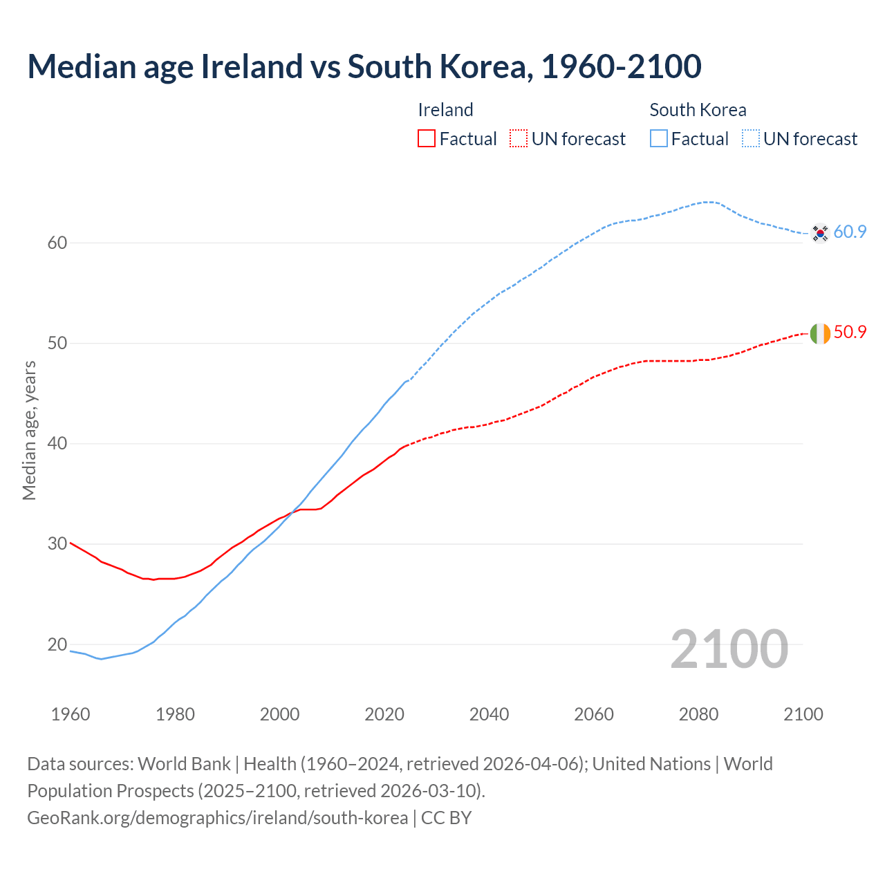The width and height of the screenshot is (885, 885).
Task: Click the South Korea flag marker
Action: point(820,233)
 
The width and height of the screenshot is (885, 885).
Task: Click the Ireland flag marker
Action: point(820,333)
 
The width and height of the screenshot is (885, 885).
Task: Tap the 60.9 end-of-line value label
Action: point(850,232)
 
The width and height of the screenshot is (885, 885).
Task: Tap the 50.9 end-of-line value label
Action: point(850,332)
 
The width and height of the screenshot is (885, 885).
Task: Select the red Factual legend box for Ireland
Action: point(427,139)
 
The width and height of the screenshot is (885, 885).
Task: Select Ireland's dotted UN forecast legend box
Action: point(519,139)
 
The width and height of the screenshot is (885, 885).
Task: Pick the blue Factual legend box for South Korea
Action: point(659,139)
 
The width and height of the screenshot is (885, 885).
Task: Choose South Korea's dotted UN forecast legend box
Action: point(751,139)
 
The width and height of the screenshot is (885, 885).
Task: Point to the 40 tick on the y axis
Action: point(57,443)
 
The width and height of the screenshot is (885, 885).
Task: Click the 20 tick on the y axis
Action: point(57,644)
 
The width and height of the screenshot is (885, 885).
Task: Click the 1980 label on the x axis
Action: point(175,714)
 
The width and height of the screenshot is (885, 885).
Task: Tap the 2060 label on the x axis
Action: point(594,714)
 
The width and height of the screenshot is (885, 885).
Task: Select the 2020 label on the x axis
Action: point(384,714)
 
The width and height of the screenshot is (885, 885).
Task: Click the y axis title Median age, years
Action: point(29,430)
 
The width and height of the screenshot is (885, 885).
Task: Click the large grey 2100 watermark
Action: point(729,649)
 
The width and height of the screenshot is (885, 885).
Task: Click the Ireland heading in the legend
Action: point(445,110)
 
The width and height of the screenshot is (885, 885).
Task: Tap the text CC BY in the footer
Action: point(446,817)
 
